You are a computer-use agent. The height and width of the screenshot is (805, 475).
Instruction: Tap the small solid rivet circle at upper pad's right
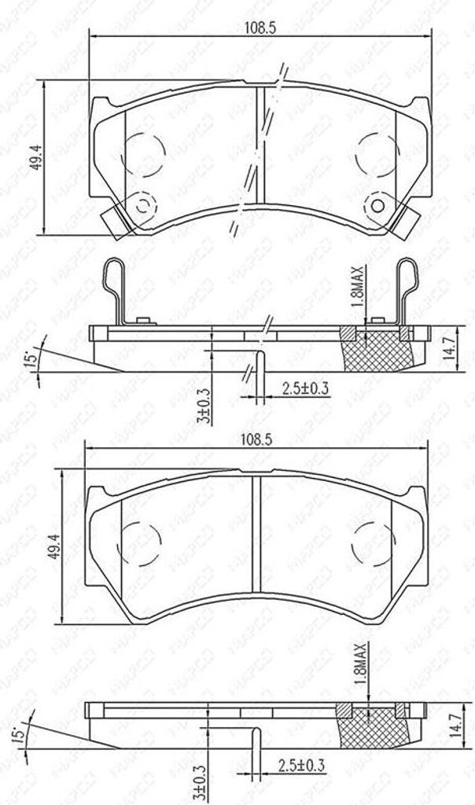(377, 207)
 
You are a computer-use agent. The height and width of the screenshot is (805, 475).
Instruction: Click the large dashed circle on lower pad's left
(142, 542)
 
